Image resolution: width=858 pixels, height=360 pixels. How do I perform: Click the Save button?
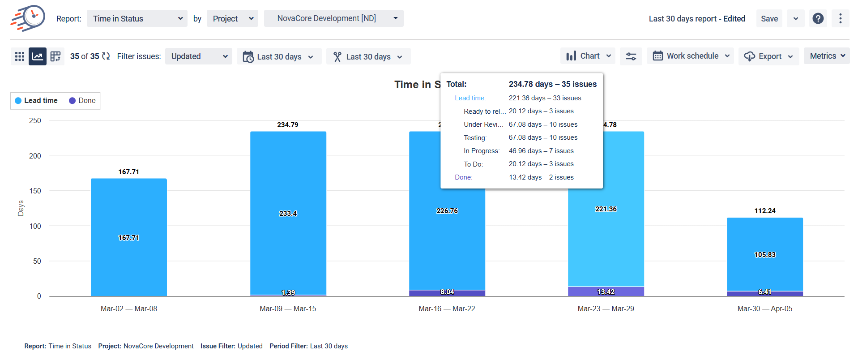tap(769, 19)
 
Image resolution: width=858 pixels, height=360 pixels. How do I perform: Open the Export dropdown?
tap(768, 56)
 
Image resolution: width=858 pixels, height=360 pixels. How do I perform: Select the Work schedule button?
tap(690, 56)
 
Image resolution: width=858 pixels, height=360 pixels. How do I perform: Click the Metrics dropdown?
tap(826, 56)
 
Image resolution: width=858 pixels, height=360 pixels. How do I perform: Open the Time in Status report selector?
tap(137, 19)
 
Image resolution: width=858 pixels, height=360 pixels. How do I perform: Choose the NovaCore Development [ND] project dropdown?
tap(333, 18)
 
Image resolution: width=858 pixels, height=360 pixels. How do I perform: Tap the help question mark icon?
tap(818, 19)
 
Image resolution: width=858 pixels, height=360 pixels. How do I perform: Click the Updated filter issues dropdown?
tap(198, 56)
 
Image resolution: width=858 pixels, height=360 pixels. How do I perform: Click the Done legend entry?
tap(82, 101)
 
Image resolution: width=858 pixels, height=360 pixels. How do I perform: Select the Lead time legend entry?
tap(36, 101)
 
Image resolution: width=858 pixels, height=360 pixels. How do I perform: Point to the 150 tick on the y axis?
tap(35, 191)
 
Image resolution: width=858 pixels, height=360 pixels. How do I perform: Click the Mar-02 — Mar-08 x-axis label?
tap(129, 309)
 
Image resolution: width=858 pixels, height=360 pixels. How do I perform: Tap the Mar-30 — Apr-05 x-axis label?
tap(764, 309)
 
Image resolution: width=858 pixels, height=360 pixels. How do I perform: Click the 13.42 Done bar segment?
tap(606, 291)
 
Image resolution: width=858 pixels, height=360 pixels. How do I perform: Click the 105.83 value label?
tap(764, 255)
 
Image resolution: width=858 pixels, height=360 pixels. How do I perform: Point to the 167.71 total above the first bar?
tap(129, 172)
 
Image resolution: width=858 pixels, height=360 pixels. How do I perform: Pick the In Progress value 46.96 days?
tap(541, 151)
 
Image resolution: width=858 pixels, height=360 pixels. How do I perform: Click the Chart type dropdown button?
tap(588, 56)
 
